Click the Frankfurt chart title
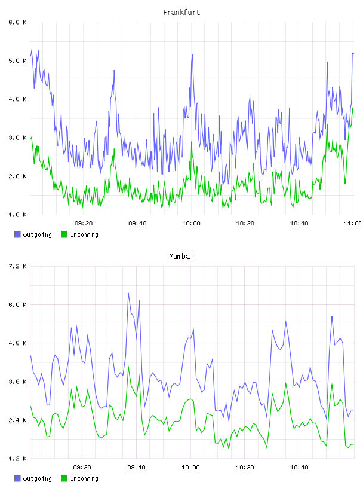pos(181,13)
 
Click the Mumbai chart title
pos(181,257)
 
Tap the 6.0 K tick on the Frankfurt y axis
pos(18,22)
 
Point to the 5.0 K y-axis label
pos(18,60)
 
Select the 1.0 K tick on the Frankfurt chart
pos(18,215)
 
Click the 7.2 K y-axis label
pos(18,266)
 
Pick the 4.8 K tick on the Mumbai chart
pos(18,343)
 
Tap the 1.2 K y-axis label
pos(18,459)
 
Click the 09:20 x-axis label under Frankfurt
pos(84,224)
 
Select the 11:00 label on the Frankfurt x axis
pos(353,224)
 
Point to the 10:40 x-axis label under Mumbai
pos(299,468)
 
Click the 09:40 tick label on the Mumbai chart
pos(137,468)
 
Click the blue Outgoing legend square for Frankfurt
pos(17,234)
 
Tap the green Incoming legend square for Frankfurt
pos(64,234)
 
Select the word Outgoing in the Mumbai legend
pos(37,478)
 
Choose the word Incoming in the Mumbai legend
pos(84,478)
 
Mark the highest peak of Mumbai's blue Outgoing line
pos(128,293)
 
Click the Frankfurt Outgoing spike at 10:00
pos(192,55)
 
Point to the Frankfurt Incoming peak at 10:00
pos(192,142)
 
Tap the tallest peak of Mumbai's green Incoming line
pos(128,365)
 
